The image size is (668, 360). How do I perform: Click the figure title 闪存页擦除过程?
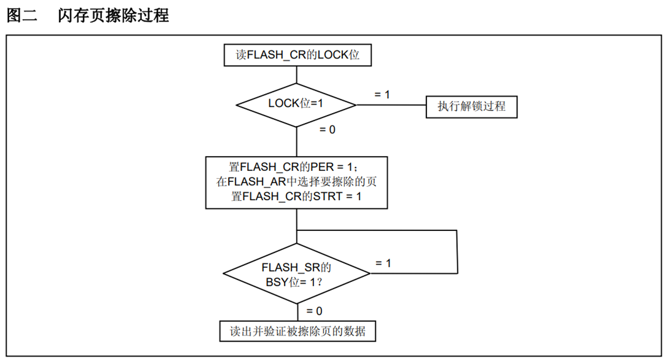(114, 16)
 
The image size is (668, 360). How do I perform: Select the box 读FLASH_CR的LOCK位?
(297, 55)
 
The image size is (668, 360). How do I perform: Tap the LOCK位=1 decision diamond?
(296, 104)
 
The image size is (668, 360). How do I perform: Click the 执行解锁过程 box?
(471, 106)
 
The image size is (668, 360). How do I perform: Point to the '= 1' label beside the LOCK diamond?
(382, 95)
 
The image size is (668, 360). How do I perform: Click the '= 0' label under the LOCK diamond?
(328, 130)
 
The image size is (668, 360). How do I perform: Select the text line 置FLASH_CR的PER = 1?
(297, 166)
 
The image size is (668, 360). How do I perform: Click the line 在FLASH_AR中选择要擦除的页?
(297, 182)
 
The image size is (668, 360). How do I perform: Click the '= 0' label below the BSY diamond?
(314, 311)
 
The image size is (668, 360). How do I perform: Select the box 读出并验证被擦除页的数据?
(297, 331)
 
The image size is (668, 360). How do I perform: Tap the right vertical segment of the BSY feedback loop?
(458, 251)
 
